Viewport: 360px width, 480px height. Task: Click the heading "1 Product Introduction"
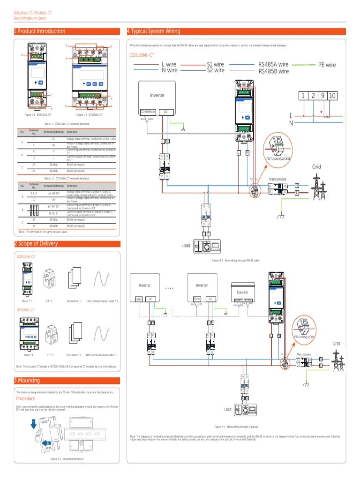40,31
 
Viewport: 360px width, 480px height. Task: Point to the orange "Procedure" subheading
26,398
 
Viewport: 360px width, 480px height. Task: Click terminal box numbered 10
332,96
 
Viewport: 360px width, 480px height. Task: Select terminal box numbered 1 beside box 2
303,96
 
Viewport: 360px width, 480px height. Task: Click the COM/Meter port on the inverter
148,112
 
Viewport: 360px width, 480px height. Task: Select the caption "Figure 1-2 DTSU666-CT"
89,115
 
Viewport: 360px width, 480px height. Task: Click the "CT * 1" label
49,301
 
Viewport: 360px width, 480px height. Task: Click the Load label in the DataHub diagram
227,409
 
